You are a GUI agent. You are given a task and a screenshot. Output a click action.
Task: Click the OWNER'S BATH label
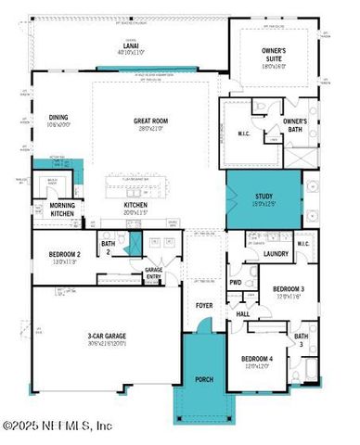[x=295, y=125]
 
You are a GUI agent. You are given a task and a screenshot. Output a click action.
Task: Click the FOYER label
[x=203, y=305]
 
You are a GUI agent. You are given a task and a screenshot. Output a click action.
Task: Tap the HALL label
[x=243, y=314]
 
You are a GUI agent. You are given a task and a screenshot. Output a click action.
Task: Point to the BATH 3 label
[x=302, y=339]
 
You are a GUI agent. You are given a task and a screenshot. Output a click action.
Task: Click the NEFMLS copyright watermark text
[x=58, y=426]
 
